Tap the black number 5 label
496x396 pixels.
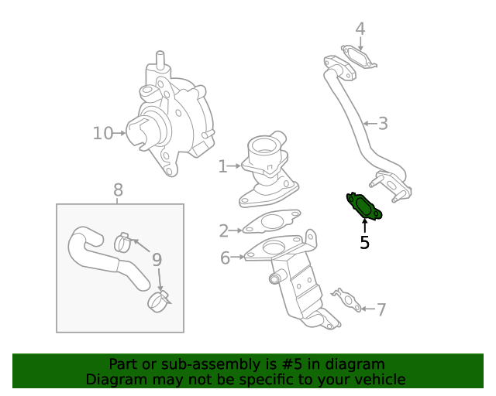tap(364, 243)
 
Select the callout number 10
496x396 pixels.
tap(102, 133)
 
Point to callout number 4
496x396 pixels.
tap(360, 29)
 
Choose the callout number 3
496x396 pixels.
tap(382, 123)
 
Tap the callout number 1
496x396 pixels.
tap(222, 166)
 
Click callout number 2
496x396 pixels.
tap(223, 230)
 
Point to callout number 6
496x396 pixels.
tap(225, 258)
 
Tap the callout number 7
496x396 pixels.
tap(381, 309)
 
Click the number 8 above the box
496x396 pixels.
tap(118, 189)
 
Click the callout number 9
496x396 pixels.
tap(156, 259)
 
